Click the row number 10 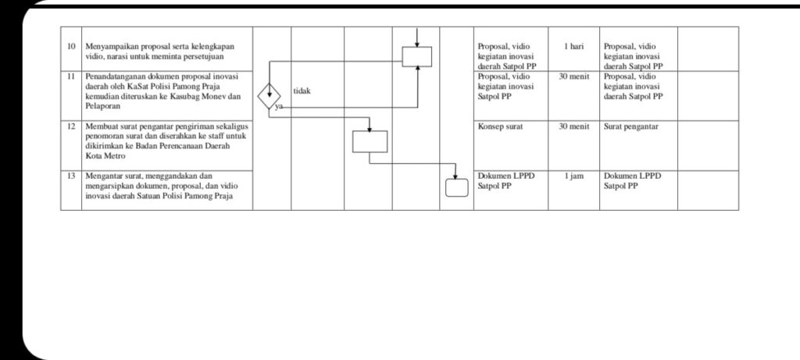(70, 47)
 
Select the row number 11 (70, 77)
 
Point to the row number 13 (70, 176)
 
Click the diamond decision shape (270, 97)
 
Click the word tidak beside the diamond (302, 91)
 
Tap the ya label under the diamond (279, 109)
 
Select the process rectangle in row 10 (417, 56)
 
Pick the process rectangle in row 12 (370, 141)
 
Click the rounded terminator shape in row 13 (455, 188)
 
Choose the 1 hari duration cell (573, 47)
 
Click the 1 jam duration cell (573, 176)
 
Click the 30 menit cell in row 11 (573, 77)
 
